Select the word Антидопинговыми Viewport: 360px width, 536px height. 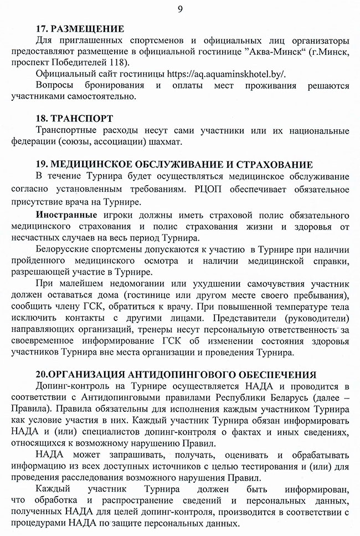tap(117, 397)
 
